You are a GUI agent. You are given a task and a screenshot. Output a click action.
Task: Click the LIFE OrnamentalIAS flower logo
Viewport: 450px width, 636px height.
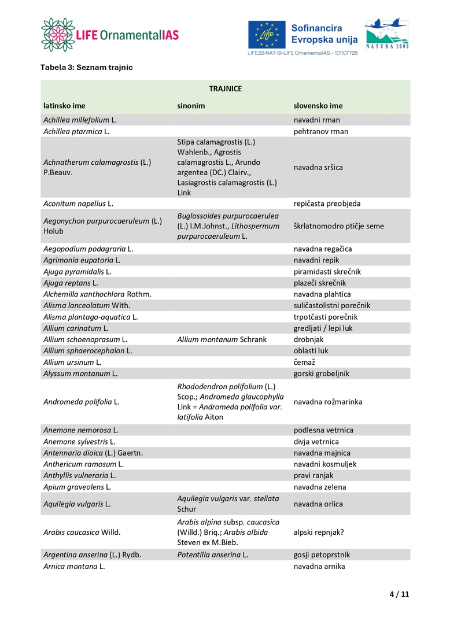[58, 35]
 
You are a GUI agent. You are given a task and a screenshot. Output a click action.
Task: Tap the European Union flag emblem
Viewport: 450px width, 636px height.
[267, 35]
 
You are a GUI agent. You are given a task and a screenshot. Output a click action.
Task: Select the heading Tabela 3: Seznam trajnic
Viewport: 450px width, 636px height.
[86, 68]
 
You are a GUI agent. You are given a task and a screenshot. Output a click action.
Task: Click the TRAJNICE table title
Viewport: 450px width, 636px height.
[225, 88]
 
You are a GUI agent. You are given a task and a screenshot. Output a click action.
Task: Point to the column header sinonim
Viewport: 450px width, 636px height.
[191, 106]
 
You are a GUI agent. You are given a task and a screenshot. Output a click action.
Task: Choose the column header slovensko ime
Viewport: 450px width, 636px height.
[318, 106]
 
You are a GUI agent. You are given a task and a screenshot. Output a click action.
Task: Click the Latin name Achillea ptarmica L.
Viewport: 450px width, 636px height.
[76, 131]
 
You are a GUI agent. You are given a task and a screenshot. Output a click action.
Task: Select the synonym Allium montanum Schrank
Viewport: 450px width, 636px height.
[222, 339]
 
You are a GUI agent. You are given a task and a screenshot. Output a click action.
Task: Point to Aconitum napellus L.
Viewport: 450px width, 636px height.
[78, 204]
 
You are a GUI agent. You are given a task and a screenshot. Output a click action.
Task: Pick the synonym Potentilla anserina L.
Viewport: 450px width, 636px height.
[212, 554]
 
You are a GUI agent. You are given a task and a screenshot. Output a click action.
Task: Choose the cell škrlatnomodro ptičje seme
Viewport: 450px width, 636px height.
[338, 226]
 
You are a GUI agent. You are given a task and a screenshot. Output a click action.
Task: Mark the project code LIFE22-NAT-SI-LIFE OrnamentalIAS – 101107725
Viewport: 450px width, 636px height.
[303, 53]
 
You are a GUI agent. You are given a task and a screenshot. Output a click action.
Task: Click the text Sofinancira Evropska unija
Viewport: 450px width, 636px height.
[324, 34]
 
